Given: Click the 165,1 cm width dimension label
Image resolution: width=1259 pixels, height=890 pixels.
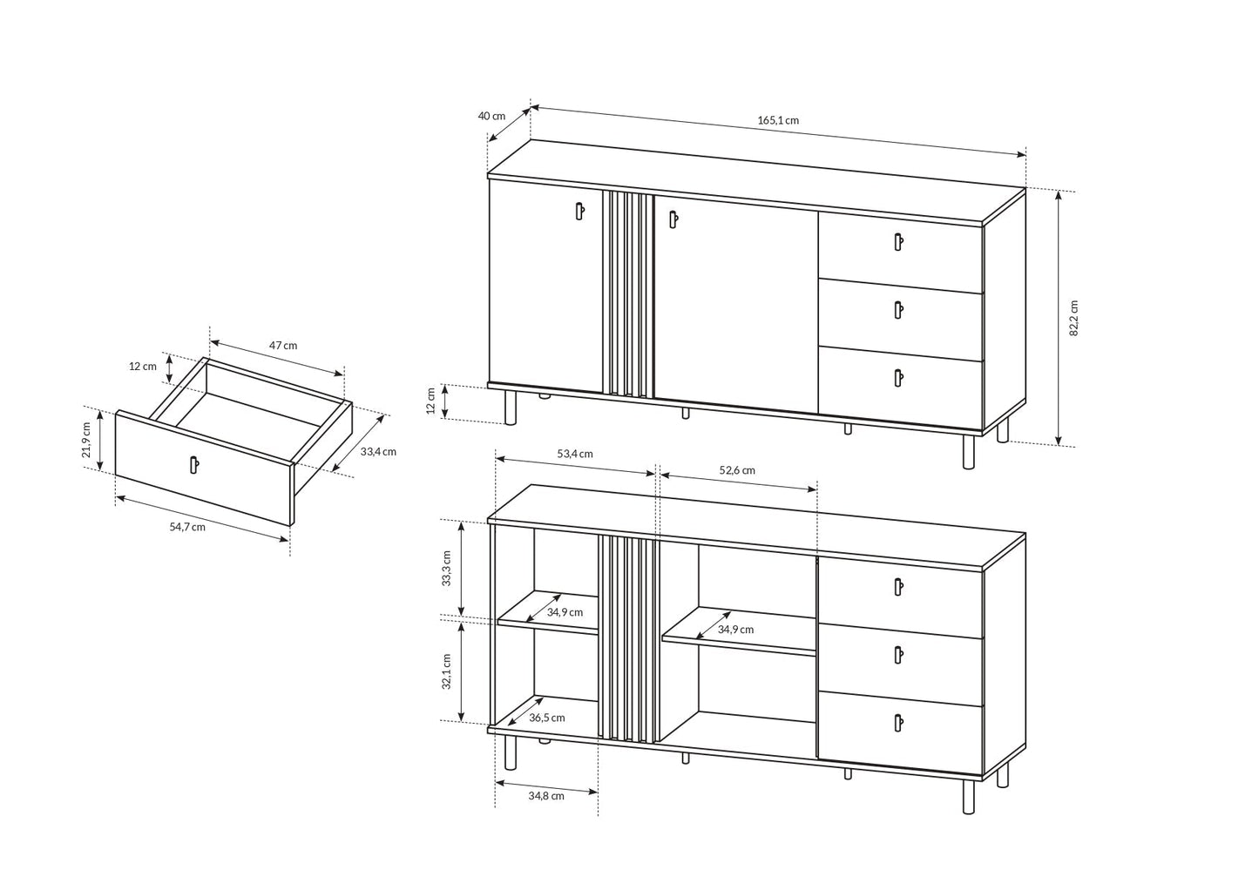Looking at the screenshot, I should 777,120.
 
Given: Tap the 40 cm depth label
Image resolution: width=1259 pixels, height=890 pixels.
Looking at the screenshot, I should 491,116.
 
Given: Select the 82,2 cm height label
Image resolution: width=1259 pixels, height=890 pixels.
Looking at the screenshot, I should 1073,318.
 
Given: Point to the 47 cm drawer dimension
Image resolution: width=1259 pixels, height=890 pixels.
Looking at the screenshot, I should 283,345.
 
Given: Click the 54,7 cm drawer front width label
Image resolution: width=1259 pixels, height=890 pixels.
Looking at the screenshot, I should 187,526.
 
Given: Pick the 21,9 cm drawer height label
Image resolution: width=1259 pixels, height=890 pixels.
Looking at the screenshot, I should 86,440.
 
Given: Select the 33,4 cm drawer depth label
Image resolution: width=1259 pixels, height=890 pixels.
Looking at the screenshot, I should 378,451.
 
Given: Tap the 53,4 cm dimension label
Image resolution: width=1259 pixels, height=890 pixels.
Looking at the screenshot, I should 575,454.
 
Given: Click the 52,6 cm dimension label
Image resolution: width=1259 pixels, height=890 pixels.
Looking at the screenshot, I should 737,470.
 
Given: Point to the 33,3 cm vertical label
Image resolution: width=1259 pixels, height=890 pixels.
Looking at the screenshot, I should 446,568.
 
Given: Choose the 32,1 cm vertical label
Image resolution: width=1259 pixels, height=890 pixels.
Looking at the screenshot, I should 446,671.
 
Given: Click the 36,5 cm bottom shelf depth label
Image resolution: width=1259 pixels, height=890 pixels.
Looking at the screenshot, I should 546,718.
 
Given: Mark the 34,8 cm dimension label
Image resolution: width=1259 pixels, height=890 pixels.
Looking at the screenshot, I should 546,795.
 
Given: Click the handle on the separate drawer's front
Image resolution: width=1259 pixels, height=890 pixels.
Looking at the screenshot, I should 194,465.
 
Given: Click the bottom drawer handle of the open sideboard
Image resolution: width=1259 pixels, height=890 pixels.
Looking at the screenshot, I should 898,721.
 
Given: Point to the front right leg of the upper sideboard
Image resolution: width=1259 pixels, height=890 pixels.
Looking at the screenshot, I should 968,451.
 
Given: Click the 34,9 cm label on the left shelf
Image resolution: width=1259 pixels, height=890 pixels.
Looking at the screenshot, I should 565,612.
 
